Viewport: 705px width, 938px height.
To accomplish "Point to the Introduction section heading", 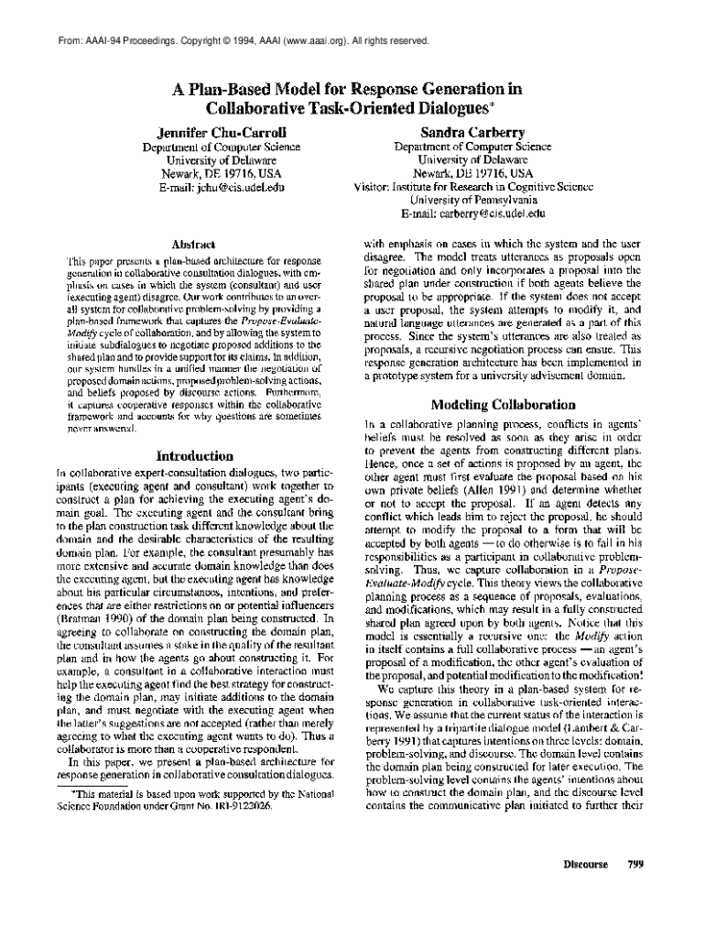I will (195, 454).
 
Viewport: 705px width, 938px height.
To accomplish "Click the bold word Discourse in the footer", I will (586, 863).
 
